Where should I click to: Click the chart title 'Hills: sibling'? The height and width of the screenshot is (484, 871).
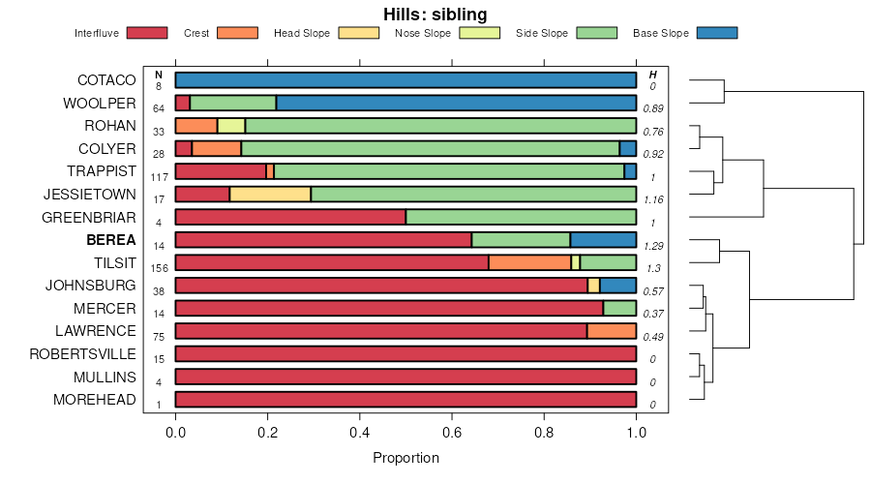[x=435, y=14]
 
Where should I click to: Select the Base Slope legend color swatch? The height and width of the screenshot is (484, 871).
[x=717, y=33]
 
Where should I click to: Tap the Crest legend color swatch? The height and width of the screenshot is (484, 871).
[x=238, y=33]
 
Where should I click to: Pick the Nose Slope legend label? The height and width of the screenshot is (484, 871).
[x=423, y=33]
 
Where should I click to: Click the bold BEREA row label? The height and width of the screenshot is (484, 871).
[x=111, y=240]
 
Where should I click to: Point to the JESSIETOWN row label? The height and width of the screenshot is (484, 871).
[x=90, y=195]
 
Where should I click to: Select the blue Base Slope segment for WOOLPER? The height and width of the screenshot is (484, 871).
[x=456, y=103]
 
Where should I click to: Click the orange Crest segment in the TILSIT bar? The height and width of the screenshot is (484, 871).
[x=529, y=262]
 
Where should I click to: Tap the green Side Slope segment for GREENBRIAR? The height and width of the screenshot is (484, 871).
[x=521, y=217]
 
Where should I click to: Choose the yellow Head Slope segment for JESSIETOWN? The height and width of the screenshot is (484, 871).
[x=270, y=194]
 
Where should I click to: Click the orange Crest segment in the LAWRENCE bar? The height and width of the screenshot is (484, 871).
[x=612, y=331]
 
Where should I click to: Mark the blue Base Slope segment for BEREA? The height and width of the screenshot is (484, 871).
[x=603, y=240]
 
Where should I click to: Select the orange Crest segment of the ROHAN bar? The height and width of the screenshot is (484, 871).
[x=196, y=126]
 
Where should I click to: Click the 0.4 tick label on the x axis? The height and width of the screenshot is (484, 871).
[x=360, y=431]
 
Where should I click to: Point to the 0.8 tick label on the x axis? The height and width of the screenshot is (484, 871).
[x=544, y=431]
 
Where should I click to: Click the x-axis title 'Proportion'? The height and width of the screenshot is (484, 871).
[x=405, y=458]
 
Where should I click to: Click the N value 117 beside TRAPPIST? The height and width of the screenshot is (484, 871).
[x=159, y=176]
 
